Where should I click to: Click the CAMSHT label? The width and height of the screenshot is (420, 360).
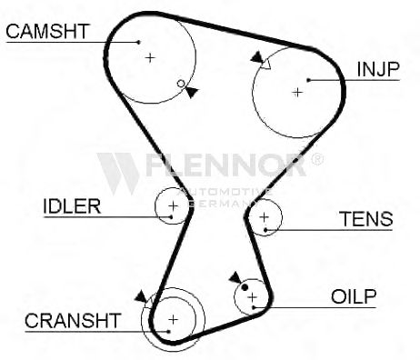pos(47,31)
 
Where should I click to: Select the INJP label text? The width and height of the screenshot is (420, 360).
pos(378,69)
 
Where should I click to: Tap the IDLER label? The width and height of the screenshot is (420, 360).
pos(72,206)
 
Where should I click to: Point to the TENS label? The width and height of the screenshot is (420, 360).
pos(365,219)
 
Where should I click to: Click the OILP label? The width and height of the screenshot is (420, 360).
pos(354,296)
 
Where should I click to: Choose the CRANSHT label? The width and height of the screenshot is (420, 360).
pos(73,321)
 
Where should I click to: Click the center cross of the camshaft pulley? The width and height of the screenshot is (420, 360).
pos(150,57)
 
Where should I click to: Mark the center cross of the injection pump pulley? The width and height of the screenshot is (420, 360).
pos(297,93)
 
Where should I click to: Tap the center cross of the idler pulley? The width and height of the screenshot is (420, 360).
pos(173,206)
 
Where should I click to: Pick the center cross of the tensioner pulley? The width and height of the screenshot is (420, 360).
pos(265,217)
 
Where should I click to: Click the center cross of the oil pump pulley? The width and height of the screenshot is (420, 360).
pos(252,297)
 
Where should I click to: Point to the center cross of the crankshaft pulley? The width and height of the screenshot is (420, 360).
pos(174,319)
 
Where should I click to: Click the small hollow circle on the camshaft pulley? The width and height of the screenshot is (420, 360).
pos(181,84)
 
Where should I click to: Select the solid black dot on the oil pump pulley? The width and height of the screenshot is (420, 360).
pos(245,287)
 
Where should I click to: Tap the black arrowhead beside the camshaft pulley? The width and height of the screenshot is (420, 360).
pos(191,92)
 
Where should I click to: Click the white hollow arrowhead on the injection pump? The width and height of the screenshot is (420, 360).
pos(265,64)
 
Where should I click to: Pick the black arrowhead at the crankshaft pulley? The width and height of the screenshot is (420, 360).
pos(141,296)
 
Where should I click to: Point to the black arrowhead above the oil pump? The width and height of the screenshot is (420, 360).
pos(235,277)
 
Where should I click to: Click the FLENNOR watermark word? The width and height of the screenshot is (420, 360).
pos(225,165)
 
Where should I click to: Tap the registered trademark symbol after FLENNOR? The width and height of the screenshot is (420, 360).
pos(317,159)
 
